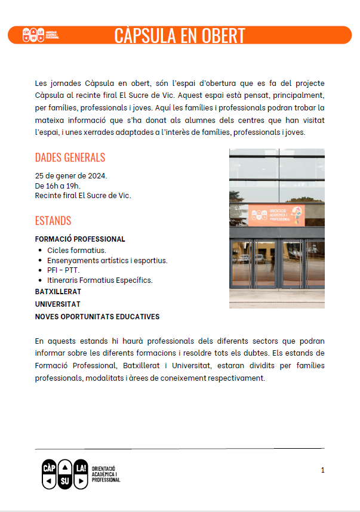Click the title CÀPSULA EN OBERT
click(180, 35)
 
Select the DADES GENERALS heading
click(70, 158)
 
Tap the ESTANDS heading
click(53, 221)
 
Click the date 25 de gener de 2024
click(71, 175)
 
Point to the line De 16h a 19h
click(58, 186)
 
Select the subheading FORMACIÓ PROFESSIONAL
click(80, 239)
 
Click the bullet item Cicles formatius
click(76, 250)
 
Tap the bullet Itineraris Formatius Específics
click(100, 280)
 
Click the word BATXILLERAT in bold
click(58, 292)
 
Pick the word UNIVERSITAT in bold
click(57, 304)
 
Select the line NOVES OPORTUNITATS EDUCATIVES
click(97, 316)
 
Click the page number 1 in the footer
click(322, 470)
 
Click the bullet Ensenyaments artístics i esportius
click(107, 260)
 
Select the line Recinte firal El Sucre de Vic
click(83, 195)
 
